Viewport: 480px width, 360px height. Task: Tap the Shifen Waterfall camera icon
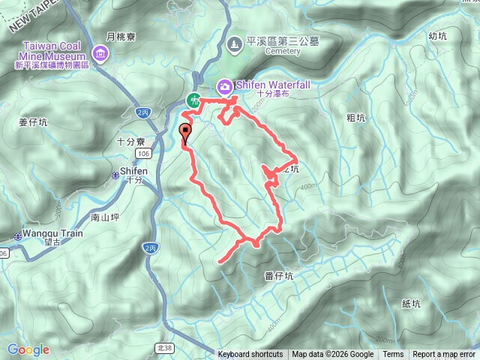click(224, 86)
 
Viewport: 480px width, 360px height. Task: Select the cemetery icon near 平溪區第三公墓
click(234, 44)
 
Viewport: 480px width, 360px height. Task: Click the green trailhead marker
click(193, 100)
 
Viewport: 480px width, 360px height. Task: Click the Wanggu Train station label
click(52, 233)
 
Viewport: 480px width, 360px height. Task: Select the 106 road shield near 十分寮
click(144, 153)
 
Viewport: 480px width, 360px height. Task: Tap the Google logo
click(28, 349)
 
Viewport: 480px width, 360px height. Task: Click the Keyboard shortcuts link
click(250, 355)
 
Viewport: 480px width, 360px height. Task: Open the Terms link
click(393, 355)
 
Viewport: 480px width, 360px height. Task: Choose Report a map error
click(444, 355)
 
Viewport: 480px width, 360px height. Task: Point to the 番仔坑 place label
click(279, 275)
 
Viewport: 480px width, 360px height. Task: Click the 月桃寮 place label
click(119, 35)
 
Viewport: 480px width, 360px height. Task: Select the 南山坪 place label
click(105, 217)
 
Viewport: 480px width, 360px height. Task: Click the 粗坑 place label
click(356, 118)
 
